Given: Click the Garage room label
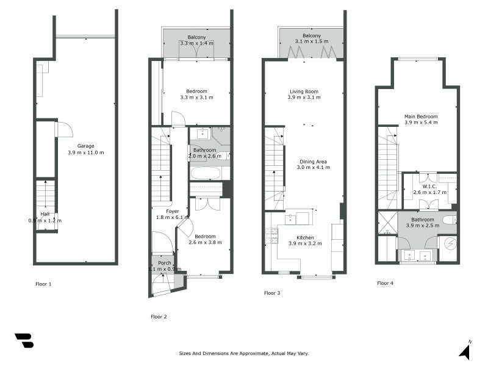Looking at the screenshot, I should pos(85,146).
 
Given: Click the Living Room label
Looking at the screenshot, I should pos(304,91).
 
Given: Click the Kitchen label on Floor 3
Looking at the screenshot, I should pos(304,237).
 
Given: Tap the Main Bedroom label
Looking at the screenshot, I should pos(421,116).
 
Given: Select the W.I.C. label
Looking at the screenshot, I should pos(430,185).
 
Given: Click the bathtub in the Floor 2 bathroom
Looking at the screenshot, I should pos(206,173).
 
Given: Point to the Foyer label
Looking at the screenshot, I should pos(164,211).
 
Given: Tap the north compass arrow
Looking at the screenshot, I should pos(465,351).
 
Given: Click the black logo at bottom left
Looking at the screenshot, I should pos(24,340).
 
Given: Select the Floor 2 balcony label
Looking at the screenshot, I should pos(196,37).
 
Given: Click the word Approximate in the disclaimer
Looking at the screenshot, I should pos(249,353).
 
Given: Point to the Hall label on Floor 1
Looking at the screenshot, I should pos(45,214).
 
